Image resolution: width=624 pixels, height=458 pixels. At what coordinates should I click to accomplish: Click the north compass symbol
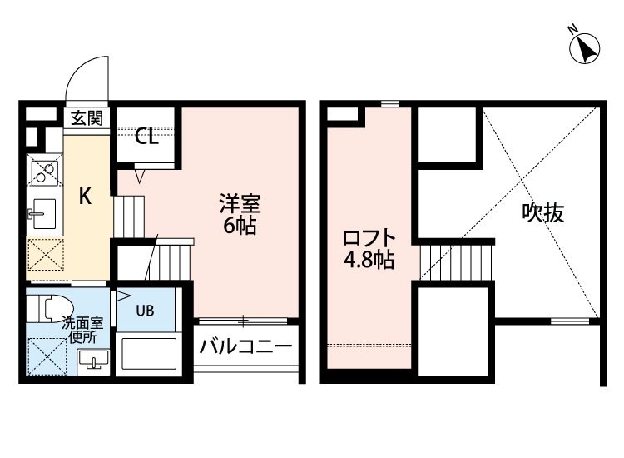click(x=584, y=48)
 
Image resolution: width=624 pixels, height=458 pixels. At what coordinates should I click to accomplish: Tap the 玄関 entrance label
click(x=87, y=118)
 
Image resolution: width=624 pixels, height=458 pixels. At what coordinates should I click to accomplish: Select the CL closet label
click(x=146, y=137)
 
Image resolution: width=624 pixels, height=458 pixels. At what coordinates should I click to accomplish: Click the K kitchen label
click(x=85, y=196)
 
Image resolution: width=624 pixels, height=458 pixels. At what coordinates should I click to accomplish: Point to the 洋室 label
click(x=240, y=204)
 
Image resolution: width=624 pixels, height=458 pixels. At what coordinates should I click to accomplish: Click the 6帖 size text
click(x=240, y=226)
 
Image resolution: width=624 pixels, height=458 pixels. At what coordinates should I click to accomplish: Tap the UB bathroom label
click(x=146, y=311)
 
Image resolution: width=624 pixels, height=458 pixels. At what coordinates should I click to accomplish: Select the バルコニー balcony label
click(x=246, y=346)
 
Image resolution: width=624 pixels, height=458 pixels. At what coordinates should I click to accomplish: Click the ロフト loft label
click(x=369, y=238)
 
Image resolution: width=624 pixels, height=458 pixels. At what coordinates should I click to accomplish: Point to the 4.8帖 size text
click(x=369, y=261)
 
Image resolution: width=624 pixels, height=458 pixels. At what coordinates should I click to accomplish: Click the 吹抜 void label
click(x=543, y=212)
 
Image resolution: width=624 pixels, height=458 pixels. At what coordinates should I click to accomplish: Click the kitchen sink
click(x=44, y=213)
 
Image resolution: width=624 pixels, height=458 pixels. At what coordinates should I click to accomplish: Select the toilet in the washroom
click(x=55, y=308)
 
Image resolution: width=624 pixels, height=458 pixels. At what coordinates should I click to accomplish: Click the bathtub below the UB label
click(x=149, y=354)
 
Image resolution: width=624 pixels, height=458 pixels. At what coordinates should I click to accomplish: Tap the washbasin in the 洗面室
click(x=93, y=361)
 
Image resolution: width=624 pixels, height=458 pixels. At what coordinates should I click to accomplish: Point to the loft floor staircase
click(x=456, y=262)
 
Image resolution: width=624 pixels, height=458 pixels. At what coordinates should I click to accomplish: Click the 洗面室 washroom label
click(x=82, y=323)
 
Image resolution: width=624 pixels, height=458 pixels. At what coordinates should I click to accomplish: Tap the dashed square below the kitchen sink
click(x=46, y=254)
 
